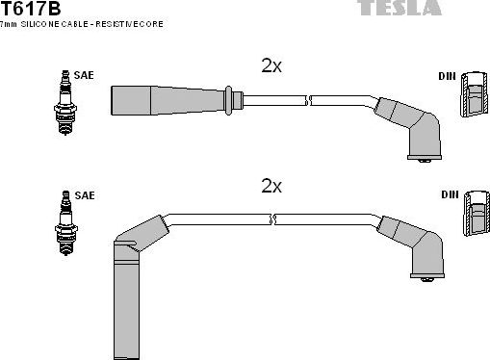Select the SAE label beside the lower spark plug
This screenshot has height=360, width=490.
85,195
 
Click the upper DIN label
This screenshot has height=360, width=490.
448,75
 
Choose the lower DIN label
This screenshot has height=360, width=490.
449,195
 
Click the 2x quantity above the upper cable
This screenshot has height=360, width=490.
271,65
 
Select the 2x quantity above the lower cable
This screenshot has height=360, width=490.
271,186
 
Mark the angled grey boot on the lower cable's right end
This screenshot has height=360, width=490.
417,244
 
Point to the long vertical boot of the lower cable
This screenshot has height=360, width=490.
126,298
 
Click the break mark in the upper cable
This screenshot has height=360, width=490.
309,98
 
